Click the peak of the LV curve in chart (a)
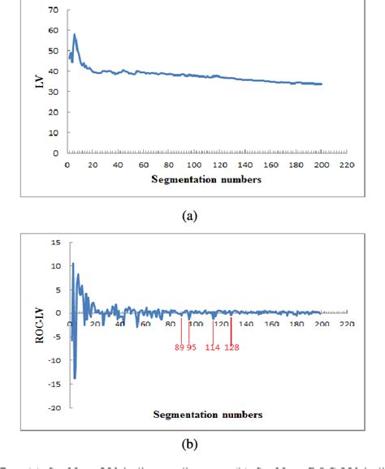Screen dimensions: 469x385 75,34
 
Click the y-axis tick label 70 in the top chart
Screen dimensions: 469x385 53,11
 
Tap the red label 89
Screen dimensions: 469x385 180,347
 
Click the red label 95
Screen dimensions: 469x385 192,347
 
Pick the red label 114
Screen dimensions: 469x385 213,347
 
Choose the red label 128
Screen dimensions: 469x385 232,347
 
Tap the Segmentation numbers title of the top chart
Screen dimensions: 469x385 206,179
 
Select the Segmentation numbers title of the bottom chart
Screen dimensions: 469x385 208,415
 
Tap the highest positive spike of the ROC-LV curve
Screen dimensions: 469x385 72,263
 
